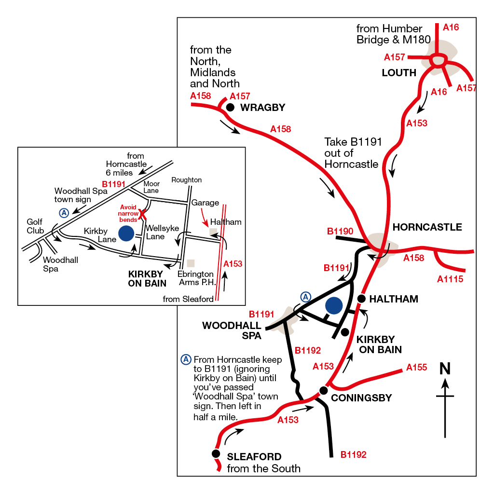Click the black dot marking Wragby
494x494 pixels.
click(230, 108)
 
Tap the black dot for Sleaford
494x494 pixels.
click(216, 453)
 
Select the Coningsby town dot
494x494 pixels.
click(324, 391)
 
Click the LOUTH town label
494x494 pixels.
click(399, 73)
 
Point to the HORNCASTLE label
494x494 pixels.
click(427, 227)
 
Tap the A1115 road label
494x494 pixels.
click(450, 279)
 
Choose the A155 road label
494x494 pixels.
click(416, 367)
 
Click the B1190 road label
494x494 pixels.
click(340, 231)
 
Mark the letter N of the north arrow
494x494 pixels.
click(445, 368)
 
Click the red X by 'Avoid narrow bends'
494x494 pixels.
click(142, 214)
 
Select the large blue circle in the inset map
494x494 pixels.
click(126, 233)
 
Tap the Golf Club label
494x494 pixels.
click(35, 226)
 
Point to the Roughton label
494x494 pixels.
click(187, 180)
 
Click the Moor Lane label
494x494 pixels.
click(151, 187)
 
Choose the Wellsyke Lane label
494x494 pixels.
click(162, 232)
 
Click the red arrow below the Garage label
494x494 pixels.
click(204, 218)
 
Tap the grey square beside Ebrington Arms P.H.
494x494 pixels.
click(191, 263)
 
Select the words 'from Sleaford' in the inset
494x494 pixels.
click(188, 299)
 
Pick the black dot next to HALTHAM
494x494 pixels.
click(361, 299)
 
